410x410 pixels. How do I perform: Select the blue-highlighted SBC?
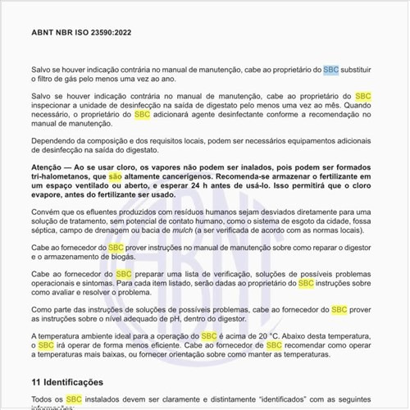(330, 71)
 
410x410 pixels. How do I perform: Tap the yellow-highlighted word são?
(116, 176)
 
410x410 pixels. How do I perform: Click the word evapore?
(50, 196)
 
